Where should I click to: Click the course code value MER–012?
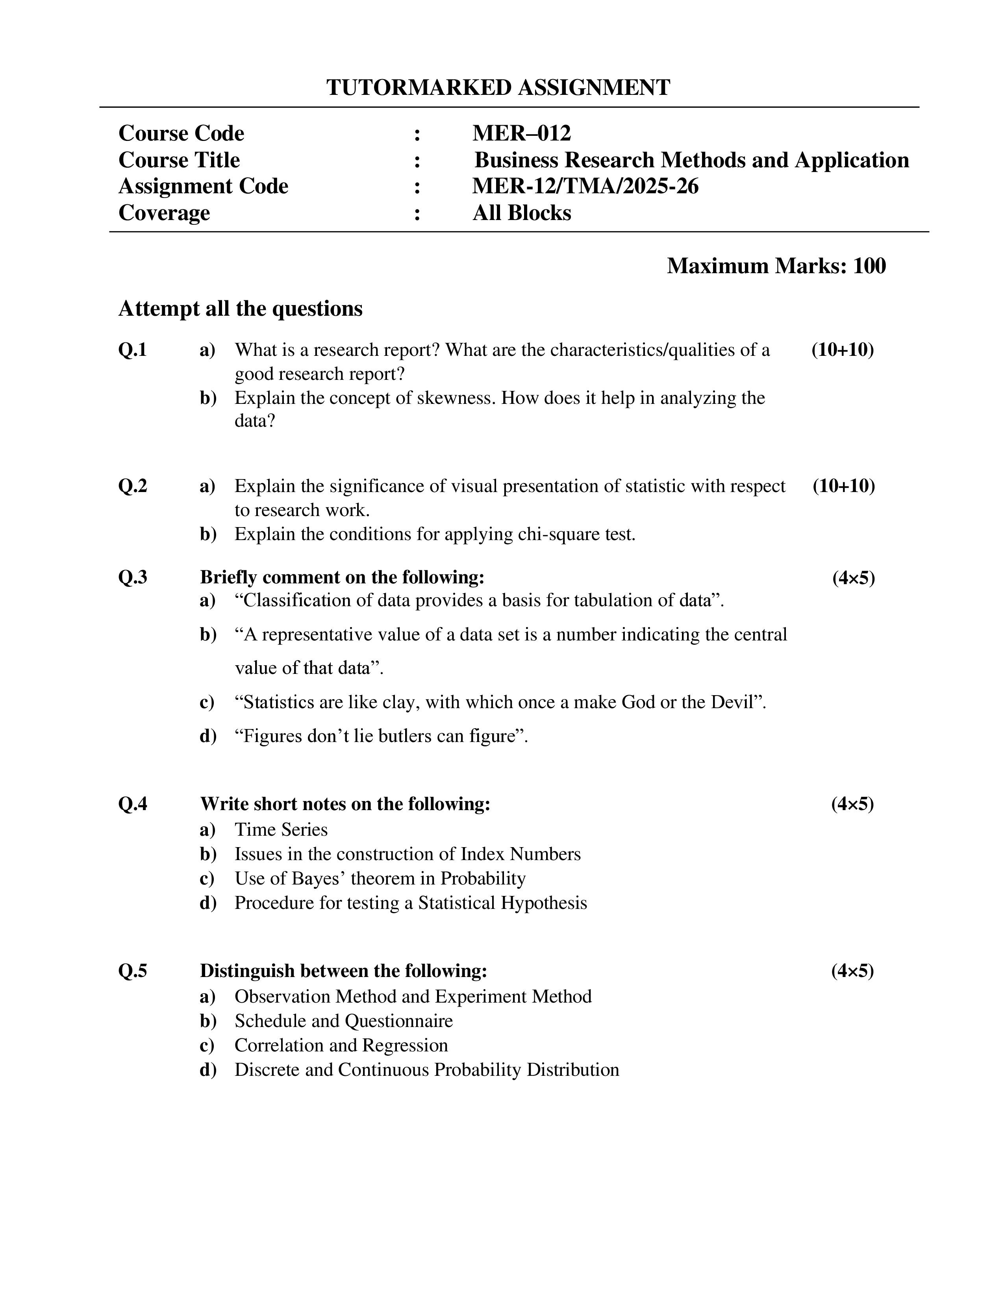(x=521, y=133)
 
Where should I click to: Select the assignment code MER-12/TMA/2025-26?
(x=585, y=186)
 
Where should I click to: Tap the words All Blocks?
(x=522, y=213)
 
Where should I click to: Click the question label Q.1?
(x=133, y=350)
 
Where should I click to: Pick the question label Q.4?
(x=133, y=804)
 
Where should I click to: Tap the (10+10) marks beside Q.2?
(x=843, y=486)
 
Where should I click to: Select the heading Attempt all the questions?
(x=240, y=309)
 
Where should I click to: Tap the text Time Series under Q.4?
(x=281, y=830)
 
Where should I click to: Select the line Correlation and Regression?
(x=341, y=1045)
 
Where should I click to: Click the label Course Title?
(x=179, y=160)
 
